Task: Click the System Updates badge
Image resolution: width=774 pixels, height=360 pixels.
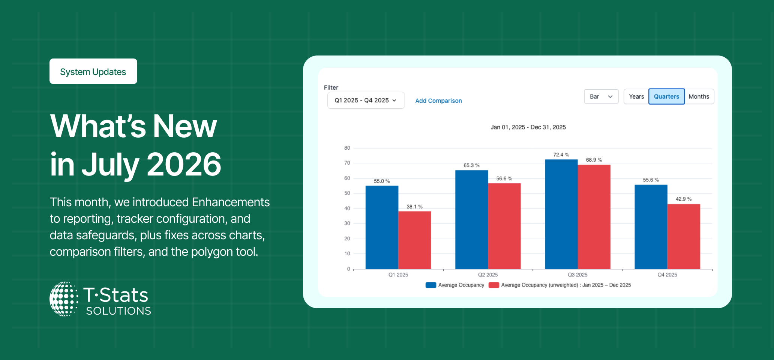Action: pos(93,71)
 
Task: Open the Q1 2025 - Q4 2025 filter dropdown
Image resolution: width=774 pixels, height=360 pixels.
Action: pos(366,100)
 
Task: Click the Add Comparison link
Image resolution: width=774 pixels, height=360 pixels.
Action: pos(438,101)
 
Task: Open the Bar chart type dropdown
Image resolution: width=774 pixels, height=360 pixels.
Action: pos(601,96)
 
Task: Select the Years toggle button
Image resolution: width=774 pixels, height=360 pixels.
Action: pos(636,96)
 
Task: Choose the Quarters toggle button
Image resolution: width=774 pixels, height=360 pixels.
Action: pos(666,96)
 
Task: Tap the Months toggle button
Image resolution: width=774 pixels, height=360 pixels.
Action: pos(699,96)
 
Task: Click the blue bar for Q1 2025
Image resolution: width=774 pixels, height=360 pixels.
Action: pos(382,227)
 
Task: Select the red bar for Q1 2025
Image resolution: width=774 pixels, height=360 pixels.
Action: pos(414,240)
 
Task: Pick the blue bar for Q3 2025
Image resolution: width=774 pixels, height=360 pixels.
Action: pos(561,214)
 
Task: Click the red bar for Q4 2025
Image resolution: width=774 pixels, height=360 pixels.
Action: pos(684,237)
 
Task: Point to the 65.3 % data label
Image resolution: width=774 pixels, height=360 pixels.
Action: pos(471,165)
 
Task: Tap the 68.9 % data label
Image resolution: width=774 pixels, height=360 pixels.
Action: pos(594,160)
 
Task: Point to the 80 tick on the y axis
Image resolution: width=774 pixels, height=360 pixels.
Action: pos(347,148)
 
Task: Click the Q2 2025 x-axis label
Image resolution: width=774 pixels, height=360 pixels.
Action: pos(488,275)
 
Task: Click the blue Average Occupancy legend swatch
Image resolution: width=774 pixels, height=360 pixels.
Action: pos(431,285)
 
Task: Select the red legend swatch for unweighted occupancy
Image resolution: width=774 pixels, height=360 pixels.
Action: pos(494,285)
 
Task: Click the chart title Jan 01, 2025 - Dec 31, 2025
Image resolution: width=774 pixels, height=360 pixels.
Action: pos(528,127)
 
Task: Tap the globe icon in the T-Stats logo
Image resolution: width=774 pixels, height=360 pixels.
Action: pos(64,299)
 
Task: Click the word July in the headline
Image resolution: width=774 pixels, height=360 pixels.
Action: pos(111,165)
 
